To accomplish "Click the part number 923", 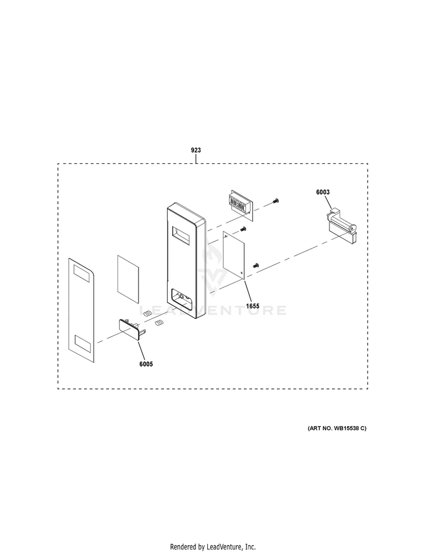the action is (196, 151).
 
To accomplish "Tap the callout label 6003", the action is (323, 193).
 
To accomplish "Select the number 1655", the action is (252, 306).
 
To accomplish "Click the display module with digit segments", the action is (238, 203).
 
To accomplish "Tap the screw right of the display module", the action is (276, 200).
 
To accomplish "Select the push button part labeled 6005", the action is (131, 329).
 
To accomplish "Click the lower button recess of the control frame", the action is (181, 298).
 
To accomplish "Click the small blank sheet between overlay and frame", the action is (128, 277).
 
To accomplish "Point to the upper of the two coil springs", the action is (147, 312).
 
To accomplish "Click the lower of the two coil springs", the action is (159, 323).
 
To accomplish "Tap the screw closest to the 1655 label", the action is (255, 265).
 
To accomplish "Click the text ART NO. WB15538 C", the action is (337, 428).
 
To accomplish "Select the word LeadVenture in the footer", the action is (226, 547).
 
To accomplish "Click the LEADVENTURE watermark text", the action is (213, 310).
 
